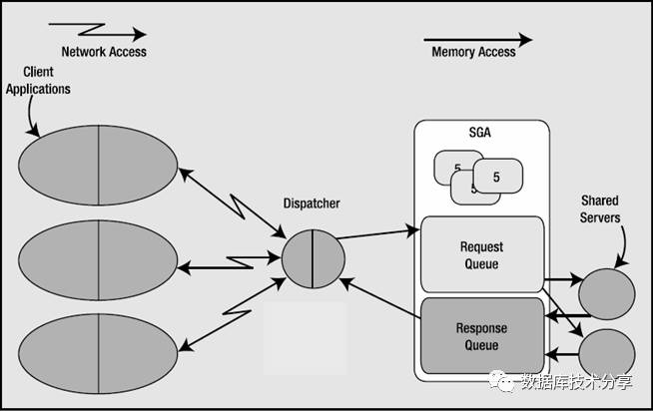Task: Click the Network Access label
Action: tap(104, 52)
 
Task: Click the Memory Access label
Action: tap(473, 52)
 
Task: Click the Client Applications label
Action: tap(38, 82)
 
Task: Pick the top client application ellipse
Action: tap(97, 163)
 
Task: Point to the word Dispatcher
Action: tap(312, 204)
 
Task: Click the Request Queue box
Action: tap(481, 255)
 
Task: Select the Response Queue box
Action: tap(481, 337)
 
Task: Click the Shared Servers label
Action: tap(600, 209)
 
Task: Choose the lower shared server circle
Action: tap(606, 356)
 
